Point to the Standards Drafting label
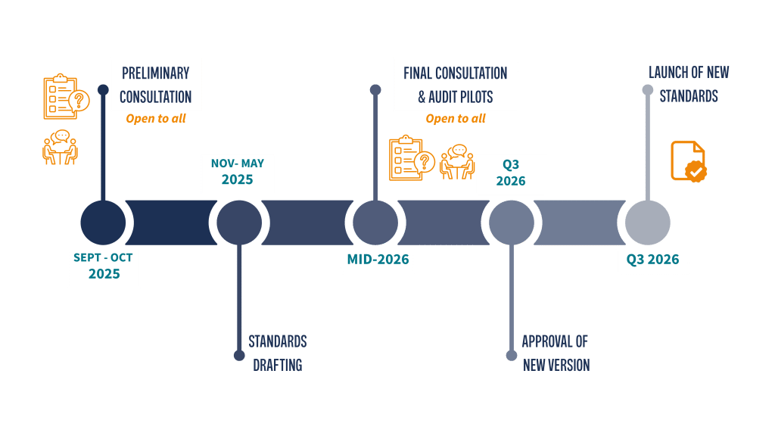[277, 353]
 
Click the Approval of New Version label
[556, 353]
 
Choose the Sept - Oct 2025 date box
[104, 266]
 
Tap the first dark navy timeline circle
[103, 223]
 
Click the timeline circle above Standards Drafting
[239, 223]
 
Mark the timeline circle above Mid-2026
[375, 223]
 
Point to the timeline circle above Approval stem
[512, 223]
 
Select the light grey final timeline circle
[647, 223]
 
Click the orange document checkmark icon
[688, 160]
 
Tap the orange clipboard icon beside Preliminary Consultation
[65, 97]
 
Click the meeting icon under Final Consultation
[456, 162]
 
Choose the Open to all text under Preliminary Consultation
[155, 119]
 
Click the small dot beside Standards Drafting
[239, 355]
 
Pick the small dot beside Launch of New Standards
[647, 90]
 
